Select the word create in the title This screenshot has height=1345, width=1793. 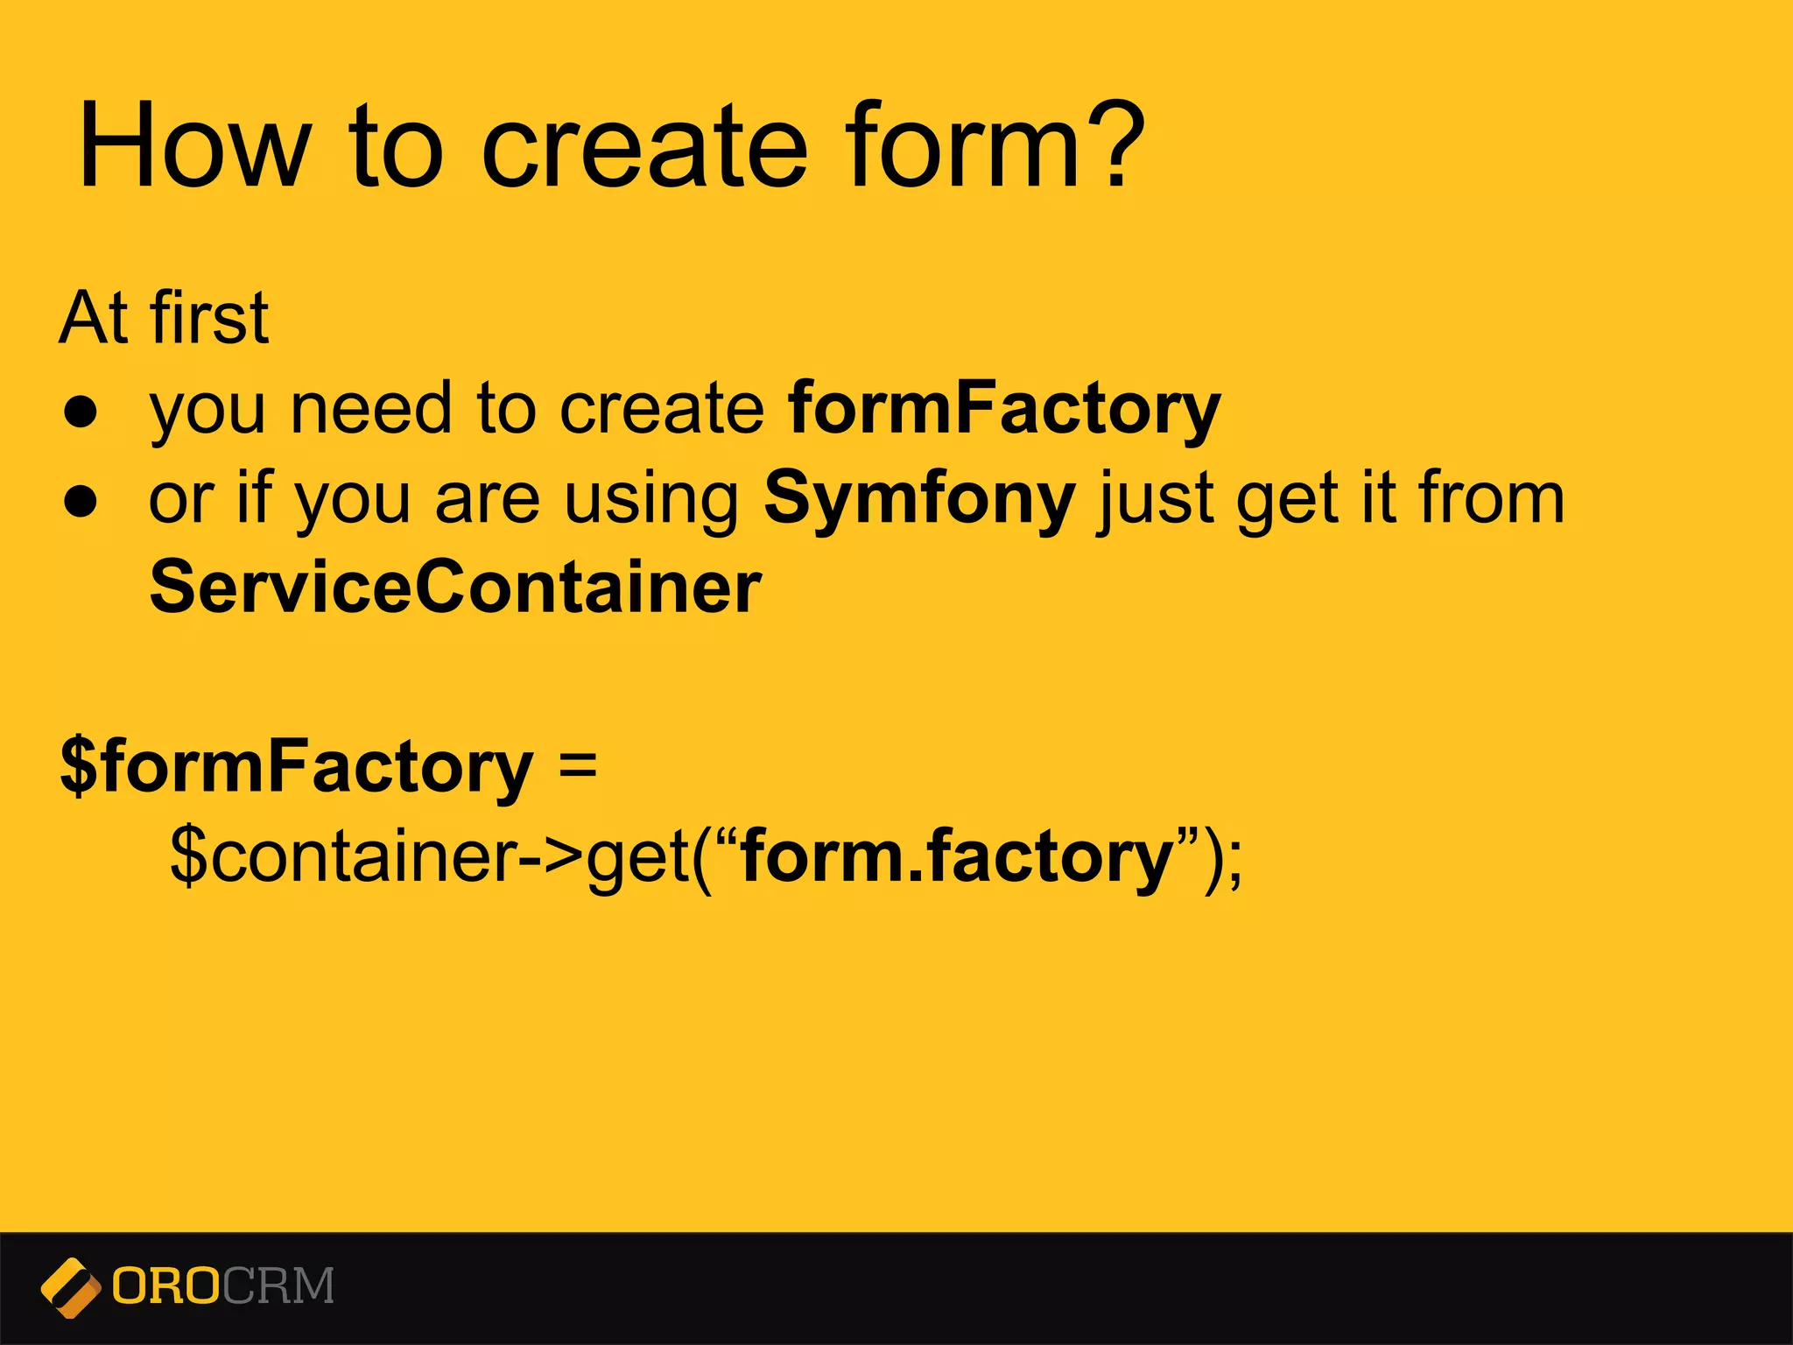(643, 146)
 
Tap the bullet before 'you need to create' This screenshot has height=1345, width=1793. (81, 412)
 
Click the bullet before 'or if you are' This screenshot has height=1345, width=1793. (81, 502)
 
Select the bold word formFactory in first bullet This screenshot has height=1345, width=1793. (1003, 409)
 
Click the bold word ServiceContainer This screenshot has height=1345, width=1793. (455, 588)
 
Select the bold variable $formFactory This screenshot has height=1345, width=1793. (296, 767)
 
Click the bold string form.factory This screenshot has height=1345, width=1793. (956, 856)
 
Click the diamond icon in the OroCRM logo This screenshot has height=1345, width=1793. (70, 1287)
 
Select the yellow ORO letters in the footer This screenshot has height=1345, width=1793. (165, 1286)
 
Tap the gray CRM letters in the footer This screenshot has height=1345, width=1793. (278, 1286)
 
